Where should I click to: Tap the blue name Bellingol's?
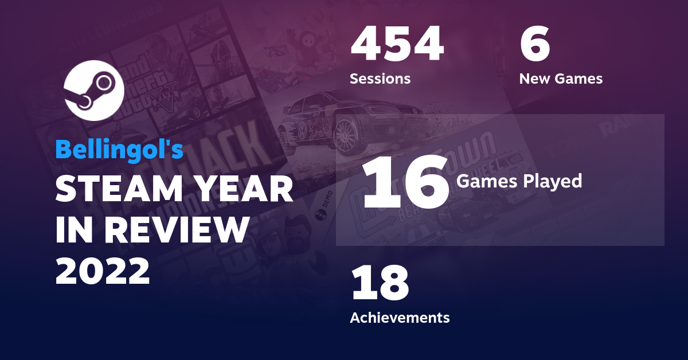pyautogui.click(x=119, y=149)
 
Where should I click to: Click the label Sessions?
pyautogui.click(x=380, y=79)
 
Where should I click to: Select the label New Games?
pyautogui.click(x=561, y=79)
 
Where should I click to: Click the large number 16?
pyautogui.click(x=406, y=182)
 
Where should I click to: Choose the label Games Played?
pyautogui.click(x=519, y=182)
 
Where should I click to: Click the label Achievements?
pyautogui.click(x=400, y=317)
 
